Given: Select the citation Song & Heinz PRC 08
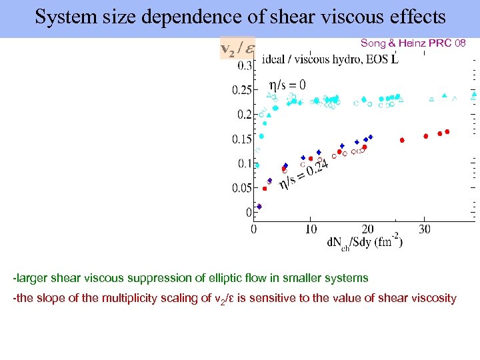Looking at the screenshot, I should coord(413,43).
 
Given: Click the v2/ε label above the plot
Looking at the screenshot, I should coord(235,49).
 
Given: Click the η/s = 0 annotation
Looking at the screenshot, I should coord(287,85).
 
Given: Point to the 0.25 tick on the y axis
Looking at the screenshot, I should coord(241,90).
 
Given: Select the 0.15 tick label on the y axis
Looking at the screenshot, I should coord(241,139).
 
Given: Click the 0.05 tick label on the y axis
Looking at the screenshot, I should coord(241,189).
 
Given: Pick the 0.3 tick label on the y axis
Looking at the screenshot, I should coord(244,65).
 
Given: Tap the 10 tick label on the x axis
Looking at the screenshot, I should coord(311,229).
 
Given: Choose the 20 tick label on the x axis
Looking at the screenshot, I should coord(367,229).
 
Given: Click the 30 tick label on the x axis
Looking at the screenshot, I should coord(425,229).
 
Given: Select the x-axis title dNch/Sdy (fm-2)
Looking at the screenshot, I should coord(364,242).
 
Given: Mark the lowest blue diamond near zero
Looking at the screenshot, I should coord(259,207).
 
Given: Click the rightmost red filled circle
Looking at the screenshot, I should coord(447,132).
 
